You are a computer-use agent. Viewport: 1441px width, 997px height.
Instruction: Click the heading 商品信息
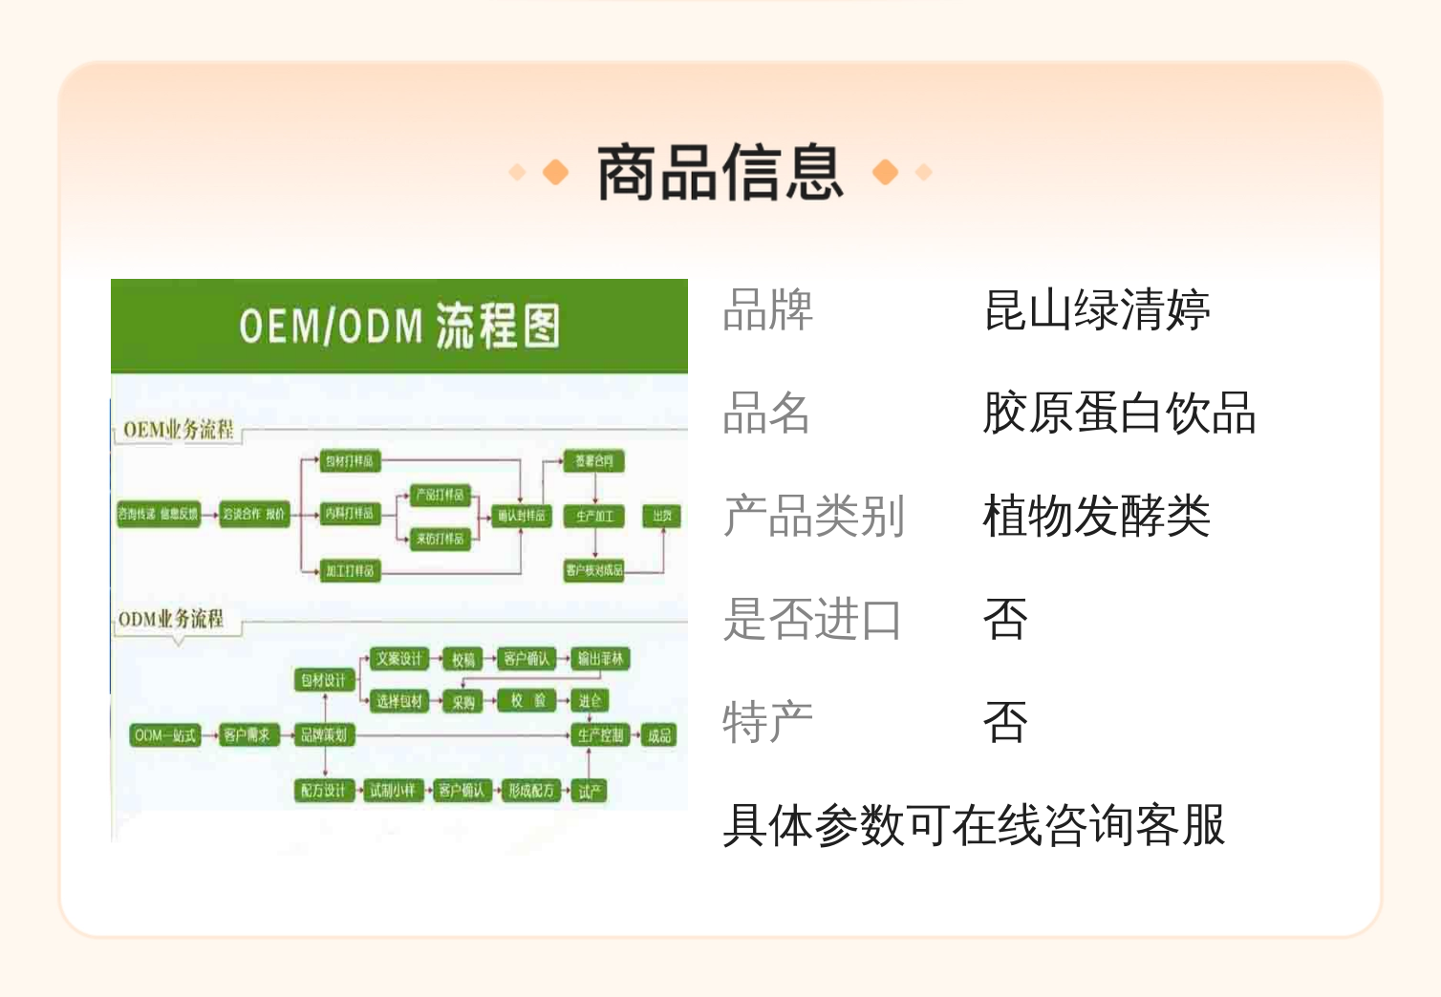point(720,173)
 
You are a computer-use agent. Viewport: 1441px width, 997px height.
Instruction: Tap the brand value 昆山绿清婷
point(1096,310)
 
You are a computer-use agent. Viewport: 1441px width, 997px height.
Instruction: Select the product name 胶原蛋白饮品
point(1119,414)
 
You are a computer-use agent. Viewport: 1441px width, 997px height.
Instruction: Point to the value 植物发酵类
point(1096,517)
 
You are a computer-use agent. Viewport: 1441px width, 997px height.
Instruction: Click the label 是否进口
point(812,620)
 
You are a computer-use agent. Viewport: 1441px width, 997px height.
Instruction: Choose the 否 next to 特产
point(1005,723)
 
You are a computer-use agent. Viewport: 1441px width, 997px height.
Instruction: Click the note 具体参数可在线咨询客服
point(973,825)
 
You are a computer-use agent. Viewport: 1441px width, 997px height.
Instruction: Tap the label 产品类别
point(812,517)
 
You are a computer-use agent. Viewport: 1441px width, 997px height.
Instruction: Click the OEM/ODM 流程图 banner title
point(399,326)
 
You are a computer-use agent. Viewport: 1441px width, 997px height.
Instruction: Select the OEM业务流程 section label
point(178,430)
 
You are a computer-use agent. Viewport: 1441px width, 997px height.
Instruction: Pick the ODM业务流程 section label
point(171,619)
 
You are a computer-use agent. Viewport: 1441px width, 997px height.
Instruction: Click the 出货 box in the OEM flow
point(661,516)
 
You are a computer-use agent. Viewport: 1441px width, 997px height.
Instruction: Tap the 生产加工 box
point(594,516)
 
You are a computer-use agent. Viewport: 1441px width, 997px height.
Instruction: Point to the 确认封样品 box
point(521,516)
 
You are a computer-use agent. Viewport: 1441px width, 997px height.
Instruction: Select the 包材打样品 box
point(349,461)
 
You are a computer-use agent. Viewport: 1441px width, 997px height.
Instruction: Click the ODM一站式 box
point(165,735)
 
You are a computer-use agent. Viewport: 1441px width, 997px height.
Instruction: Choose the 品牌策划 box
point(324,735)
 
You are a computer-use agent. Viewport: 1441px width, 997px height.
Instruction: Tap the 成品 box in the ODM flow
point(659,735)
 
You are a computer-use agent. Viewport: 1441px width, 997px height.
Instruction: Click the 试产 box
point(590,791)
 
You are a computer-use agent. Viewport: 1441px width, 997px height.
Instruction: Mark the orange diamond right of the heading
point(885,172)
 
